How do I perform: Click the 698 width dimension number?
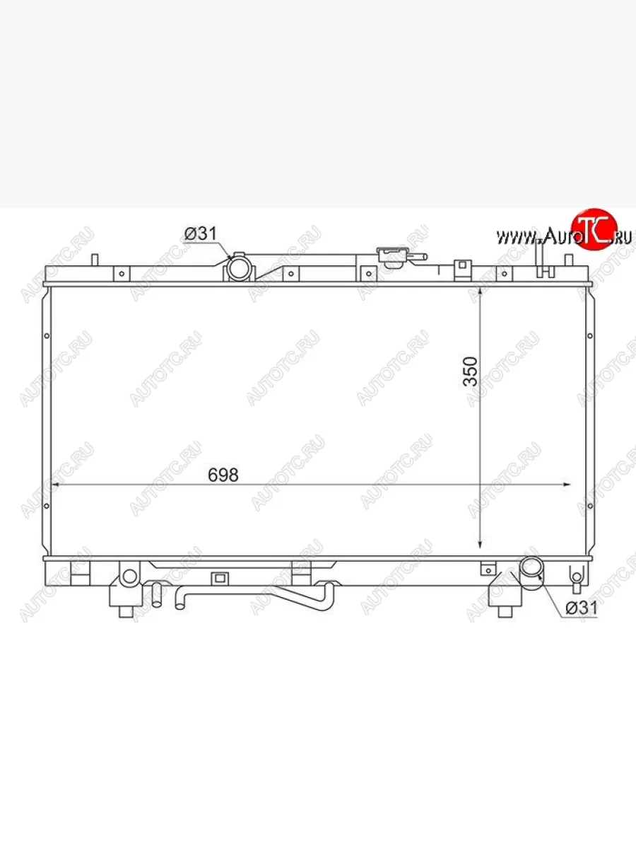tap(223, 475)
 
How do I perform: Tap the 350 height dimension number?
tap(471, 371)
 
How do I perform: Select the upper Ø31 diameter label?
tap(201, 233)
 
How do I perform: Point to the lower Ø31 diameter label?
tap(581, 608)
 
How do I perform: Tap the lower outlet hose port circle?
tap(531, 567)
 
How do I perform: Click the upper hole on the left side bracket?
tap(47, 336)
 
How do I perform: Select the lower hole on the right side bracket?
tap(590, 506)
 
